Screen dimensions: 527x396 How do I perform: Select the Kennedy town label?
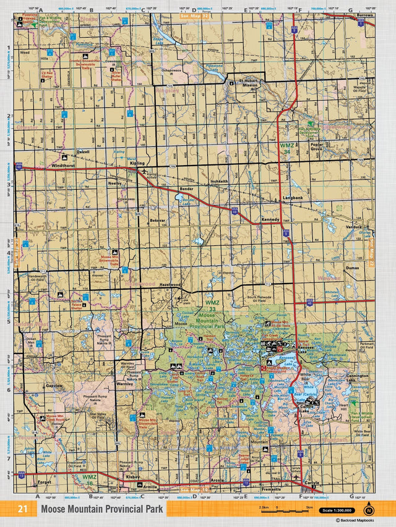(x=270, y=219)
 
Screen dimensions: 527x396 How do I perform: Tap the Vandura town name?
(x=354, y=227)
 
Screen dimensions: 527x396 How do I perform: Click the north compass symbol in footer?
(x=369, y=510)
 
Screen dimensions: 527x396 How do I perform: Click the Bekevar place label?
(x=158, y=220)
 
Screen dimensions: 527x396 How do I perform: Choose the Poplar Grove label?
(x=317, y=147)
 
